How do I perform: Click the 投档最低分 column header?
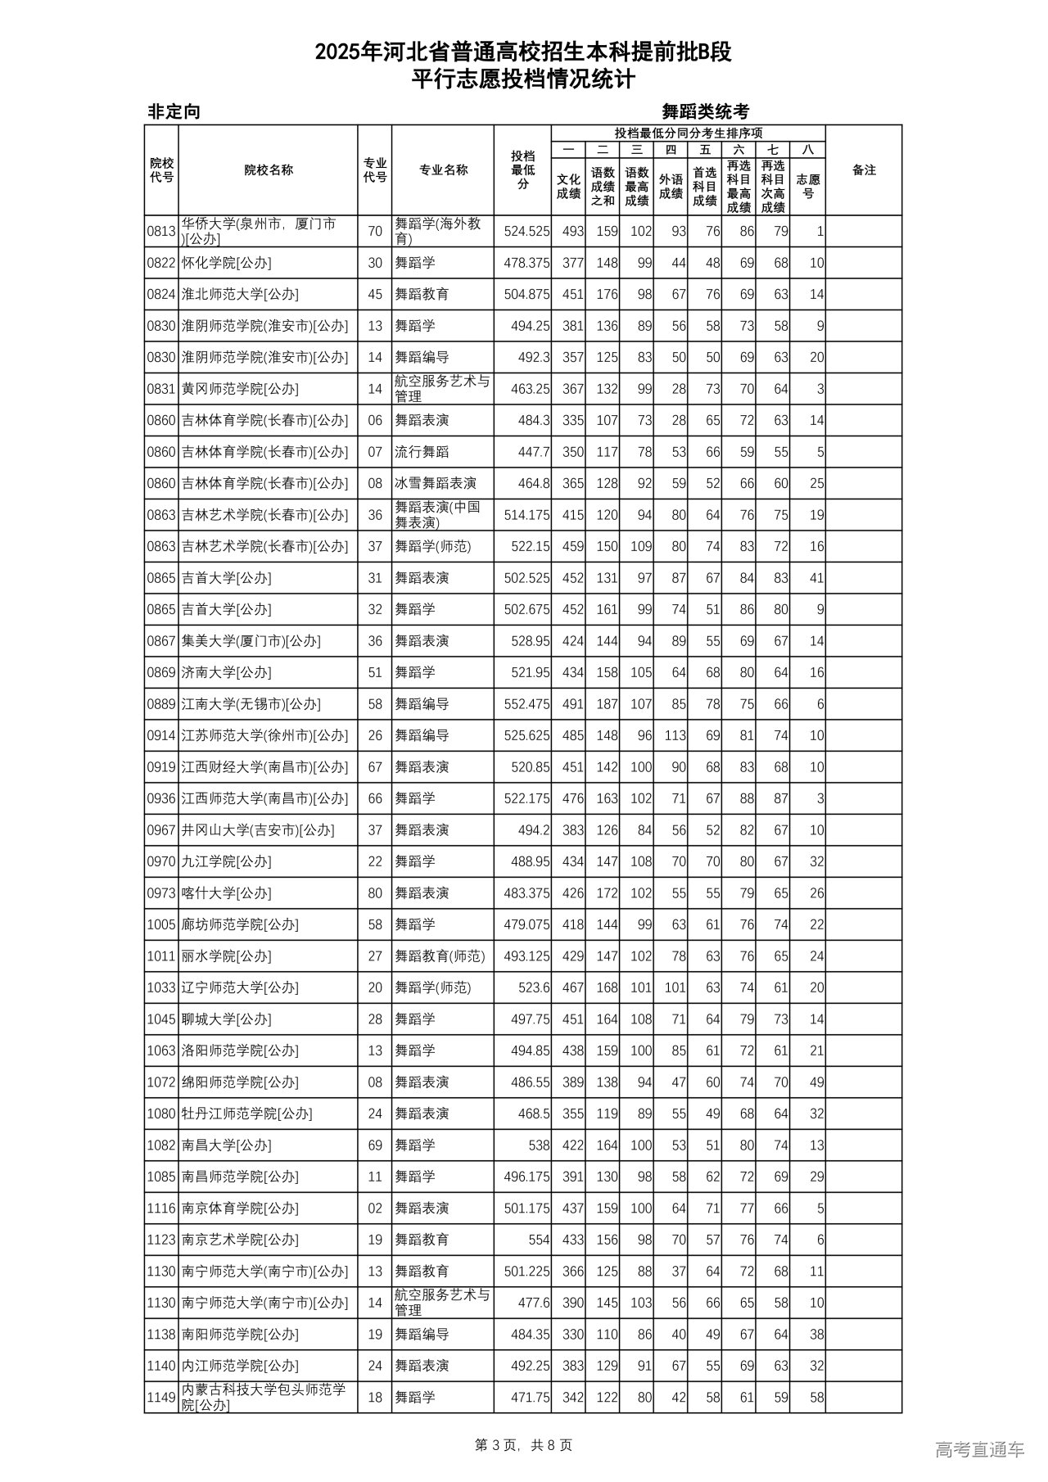click(x=522, y=170)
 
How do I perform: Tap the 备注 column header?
click(x=864, y=170)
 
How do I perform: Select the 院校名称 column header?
click(x=269, y=170)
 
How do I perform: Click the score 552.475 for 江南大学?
click(x=526, y=704)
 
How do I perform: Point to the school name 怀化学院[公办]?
click(x=226, y=263)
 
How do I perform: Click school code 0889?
click(x=161, y=704)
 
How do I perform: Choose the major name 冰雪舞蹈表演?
click(x=436, y=484)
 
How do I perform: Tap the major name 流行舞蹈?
click(x=422, y=452)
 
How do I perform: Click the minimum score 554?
click(x=539, y=1240)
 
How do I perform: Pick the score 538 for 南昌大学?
click(x=538, y=1145)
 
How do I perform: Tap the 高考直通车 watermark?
click(x=978, y=1450)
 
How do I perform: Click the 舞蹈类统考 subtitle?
click(x=705, y=112)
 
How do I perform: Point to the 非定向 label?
click(x=174, y=112)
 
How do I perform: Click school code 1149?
click(x=161, y=1398)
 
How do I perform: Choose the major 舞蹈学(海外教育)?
click(x=438, y=232)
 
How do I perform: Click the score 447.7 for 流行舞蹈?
click(x=534, y=452)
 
